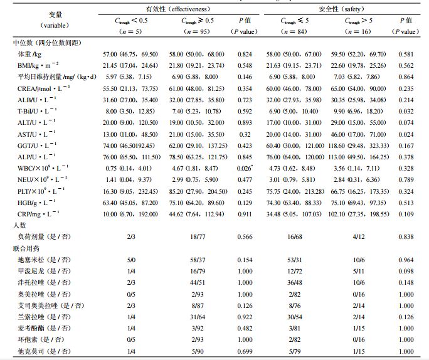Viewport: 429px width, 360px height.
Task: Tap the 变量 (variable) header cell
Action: click(42, 19)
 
